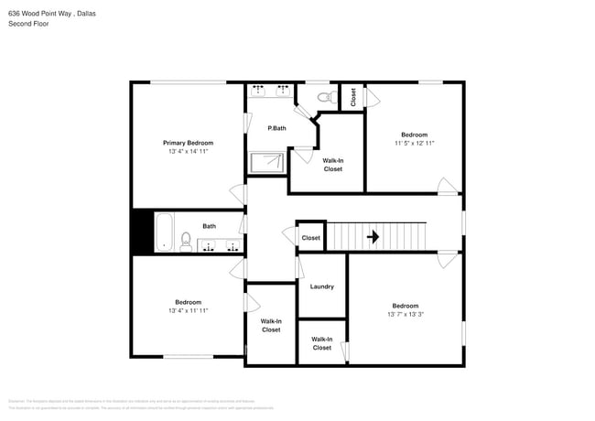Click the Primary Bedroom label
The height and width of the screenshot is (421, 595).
188,143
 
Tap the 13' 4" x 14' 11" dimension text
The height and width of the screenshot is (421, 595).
188,152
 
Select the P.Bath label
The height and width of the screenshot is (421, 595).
276,128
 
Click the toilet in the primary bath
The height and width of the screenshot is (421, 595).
325,96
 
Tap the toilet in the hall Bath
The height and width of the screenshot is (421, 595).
186,243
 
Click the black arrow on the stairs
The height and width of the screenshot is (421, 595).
373,237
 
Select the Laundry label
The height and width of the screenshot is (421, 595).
322,286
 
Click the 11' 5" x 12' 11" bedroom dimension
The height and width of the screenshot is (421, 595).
414,144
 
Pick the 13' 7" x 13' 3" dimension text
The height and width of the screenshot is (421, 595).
406,315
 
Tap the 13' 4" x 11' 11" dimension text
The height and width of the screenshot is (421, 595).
188,311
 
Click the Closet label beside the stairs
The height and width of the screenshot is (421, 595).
311,238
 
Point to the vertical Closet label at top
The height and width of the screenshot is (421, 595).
353,98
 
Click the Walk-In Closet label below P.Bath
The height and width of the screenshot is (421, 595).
332,165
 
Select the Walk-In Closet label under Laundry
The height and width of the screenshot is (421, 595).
322,343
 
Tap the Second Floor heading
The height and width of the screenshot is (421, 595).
29,24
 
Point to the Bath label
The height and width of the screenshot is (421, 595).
210,226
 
